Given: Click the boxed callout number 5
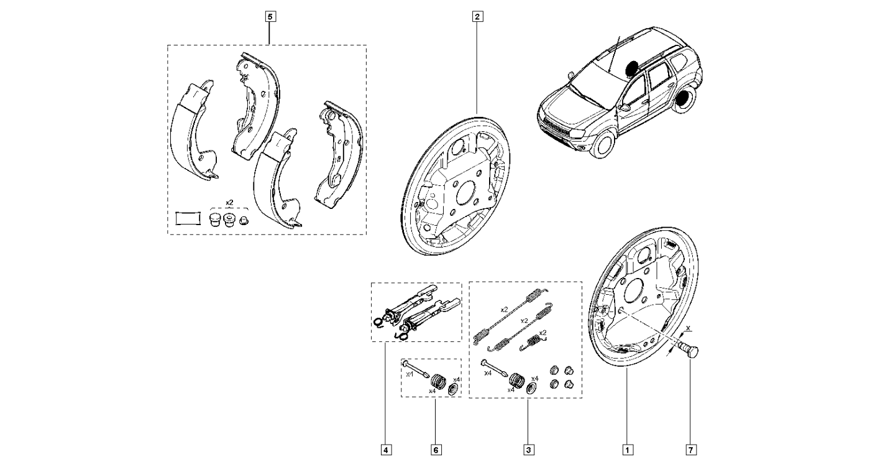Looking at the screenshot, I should [270, 17].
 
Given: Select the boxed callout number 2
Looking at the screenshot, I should [477, 17].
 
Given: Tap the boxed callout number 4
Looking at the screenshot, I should [387, 449].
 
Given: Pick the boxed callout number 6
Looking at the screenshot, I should [436, 449].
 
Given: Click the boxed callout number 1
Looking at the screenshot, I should [628, 449].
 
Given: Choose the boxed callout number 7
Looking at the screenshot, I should [690, 449].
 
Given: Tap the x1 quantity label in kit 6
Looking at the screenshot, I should [409, 375].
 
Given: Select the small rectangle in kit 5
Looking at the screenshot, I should [187, 218].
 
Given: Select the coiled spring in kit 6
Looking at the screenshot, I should [438, 378].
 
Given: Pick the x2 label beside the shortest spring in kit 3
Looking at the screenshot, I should [543, 333].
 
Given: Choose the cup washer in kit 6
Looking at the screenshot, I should [454, 389].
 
